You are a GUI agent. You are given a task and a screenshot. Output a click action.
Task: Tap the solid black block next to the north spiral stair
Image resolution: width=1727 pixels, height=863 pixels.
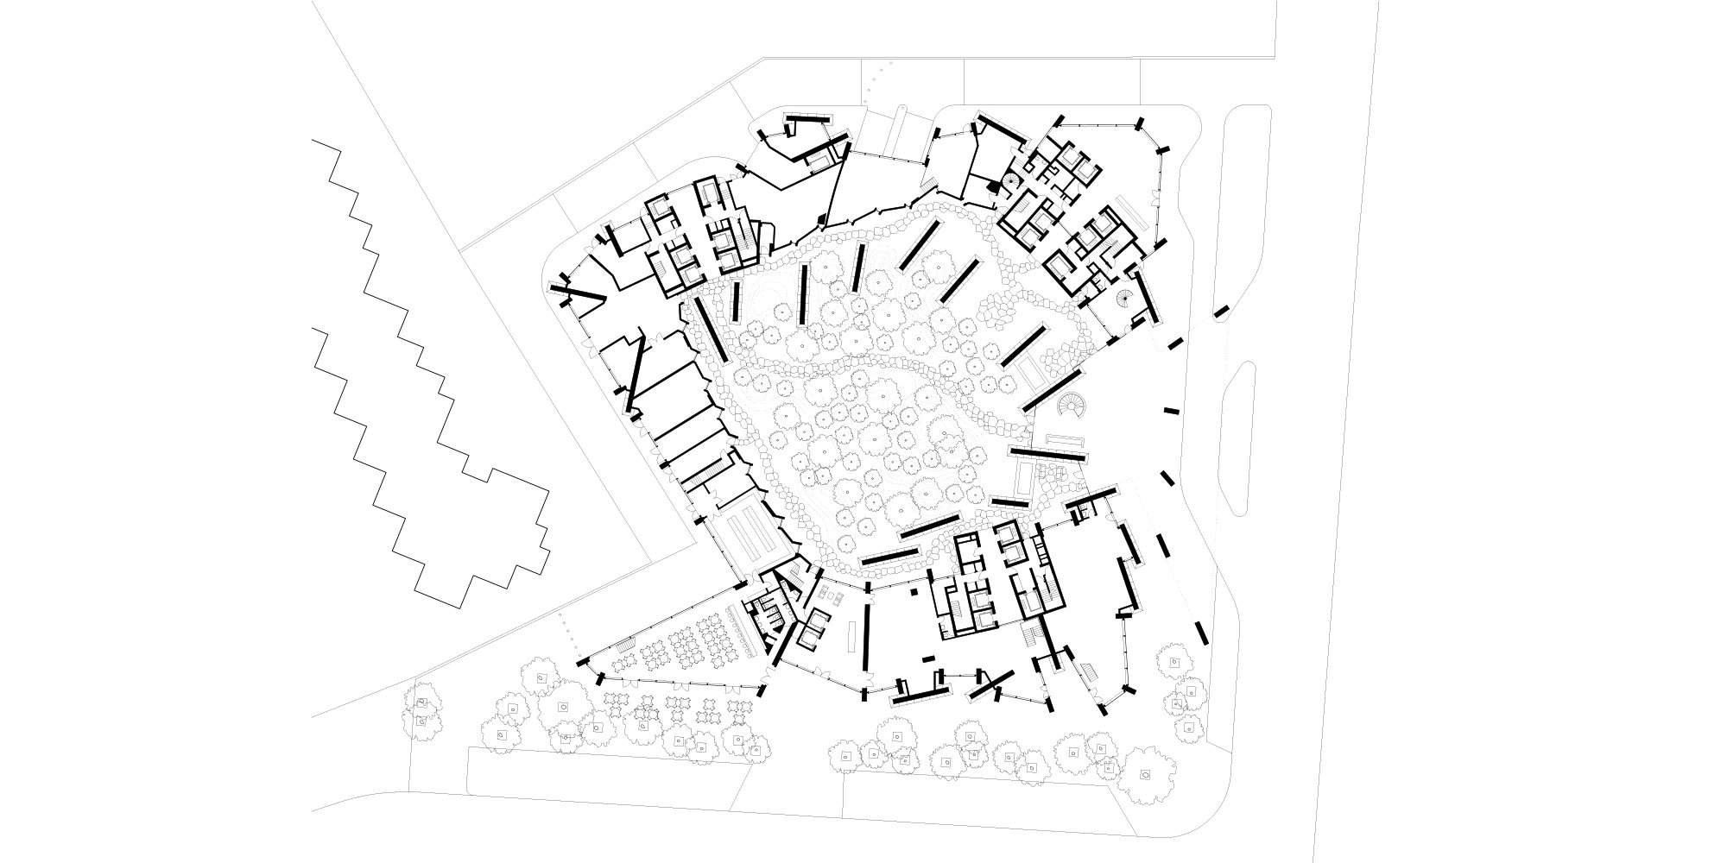coord(992,185)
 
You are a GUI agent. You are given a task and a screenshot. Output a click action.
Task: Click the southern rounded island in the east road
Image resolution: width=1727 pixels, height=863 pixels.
coord(1247,440)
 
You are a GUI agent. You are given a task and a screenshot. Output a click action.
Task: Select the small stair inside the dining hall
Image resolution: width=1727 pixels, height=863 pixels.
coord(628,643)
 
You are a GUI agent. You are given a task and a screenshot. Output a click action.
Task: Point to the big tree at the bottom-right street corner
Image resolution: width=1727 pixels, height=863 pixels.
coord(1144,775)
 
